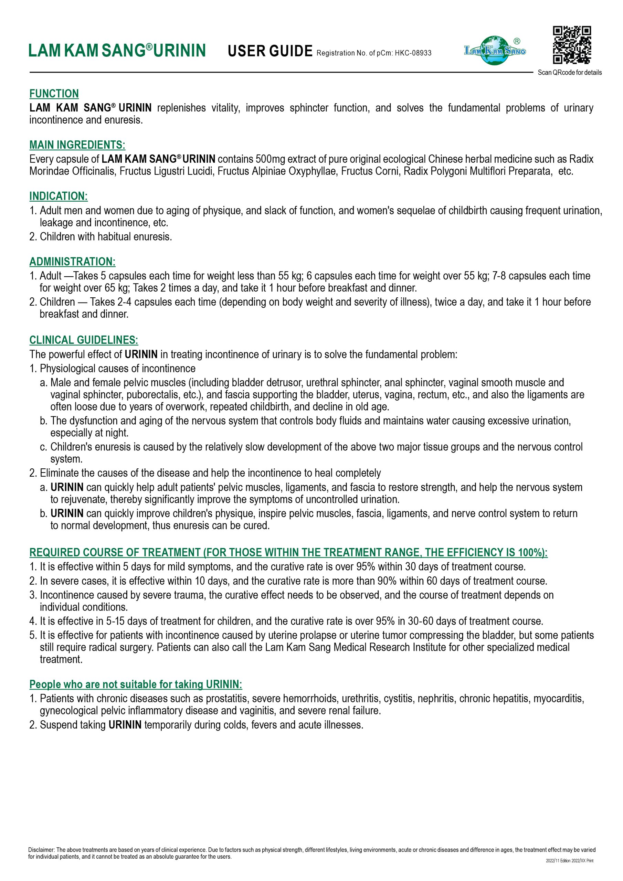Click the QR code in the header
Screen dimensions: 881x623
coord(572,45)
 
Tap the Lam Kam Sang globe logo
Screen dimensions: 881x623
coord(495,50)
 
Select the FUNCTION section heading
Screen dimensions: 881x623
coord(54,94)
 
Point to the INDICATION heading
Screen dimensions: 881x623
coord(59,196)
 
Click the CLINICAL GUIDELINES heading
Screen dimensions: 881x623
coord(84,340)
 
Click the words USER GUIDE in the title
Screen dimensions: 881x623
coord(270,51)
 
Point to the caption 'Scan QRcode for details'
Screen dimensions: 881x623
coord(570,73)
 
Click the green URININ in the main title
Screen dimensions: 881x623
coord(180,51)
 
